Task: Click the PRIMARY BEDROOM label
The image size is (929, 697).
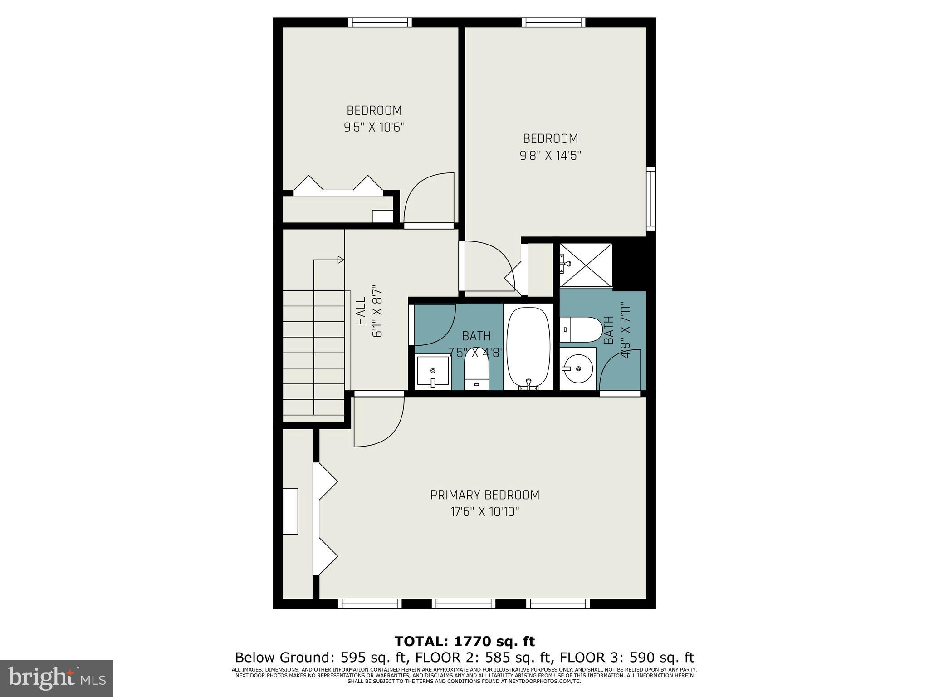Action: click(x=484, y=495)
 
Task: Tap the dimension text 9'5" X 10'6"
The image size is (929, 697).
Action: click(x=374, y=128)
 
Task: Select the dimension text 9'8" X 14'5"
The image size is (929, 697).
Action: click(x=550, y=156)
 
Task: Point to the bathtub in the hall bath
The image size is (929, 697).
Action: click(x=528, y=347)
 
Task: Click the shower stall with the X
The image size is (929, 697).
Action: click(x=586, y=265)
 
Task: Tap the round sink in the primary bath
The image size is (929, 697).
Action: click(x=577, y=368)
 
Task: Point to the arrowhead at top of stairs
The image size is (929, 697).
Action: click(x=340, y=260)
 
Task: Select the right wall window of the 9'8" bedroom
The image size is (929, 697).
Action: click(x=651, y=197)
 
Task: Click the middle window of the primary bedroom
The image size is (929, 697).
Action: click(x=463, y=604)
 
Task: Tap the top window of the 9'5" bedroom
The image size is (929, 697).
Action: click(x=380, y=22)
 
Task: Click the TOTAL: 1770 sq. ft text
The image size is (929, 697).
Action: click(x=464, y=641)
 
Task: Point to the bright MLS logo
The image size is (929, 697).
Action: click(x=57, y=678)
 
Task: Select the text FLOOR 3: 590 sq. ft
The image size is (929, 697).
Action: click(x=627, y=658)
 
